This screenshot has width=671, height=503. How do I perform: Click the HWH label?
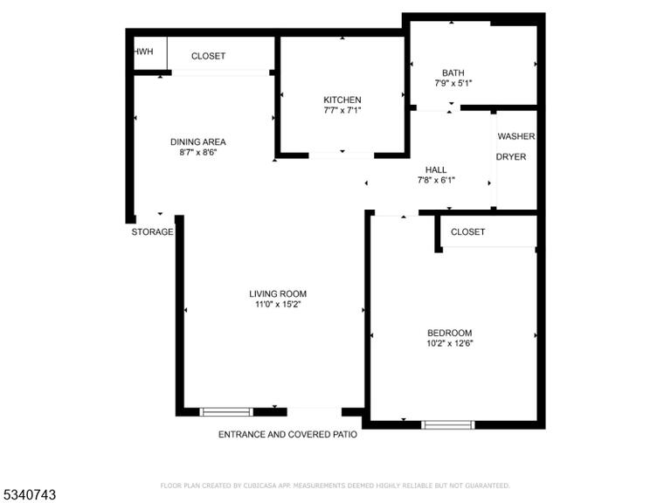click(144, 52)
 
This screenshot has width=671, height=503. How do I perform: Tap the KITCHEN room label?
click(342, 100)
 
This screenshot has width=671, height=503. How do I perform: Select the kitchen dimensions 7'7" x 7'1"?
click(342, 110)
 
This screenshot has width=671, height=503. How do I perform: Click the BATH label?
click(453, 72)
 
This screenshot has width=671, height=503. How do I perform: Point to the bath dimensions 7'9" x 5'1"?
click(453, 84)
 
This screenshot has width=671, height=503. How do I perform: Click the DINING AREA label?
click(198, 142)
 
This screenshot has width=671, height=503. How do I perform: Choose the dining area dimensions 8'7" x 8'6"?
click(198, 152)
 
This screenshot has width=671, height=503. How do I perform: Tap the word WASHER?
click(516, 136)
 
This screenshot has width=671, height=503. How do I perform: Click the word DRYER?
click(511, 157)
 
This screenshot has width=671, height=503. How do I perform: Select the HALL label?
click(436, 169)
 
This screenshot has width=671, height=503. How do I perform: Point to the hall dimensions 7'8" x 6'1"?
click(436, 181)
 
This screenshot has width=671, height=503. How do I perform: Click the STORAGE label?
click(152, 231)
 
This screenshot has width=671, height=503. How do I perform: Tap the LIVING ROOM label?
click(278, 293)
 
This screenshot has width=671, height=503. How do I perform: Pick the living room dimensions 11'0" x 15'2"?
click(278, 305)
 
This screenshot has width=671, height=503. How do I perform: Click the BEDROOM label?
click(450, 333)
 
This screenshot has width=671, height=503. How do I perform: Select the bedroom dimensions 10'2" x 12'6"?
click(450, 343)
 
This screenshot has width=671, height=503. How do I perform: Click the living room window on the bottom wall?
click(226, 412)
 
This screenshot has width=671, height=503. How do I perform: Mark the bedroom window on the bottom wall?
click(448, 424)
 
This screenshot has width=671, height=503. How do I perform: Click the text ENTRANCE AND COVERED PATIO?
click(287, 435)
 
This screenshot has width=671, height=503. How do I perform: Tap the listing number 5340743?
click(28, 495)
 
